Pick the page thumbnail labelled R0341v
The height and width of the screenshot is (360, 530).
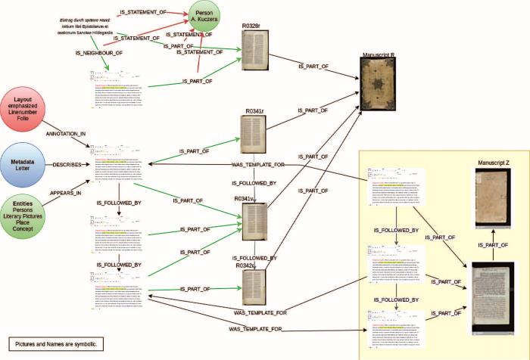coord(254,222)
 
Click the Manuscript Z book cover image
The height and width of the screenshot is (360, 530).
coord(491,199)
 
